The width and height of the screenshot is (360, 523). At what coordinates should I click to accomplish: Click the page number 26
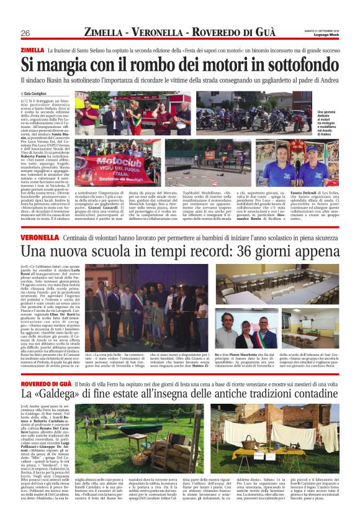coord(26,33)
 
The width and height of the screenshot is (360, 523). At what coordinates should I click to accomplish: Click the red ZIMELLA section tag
coord(32,50)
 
